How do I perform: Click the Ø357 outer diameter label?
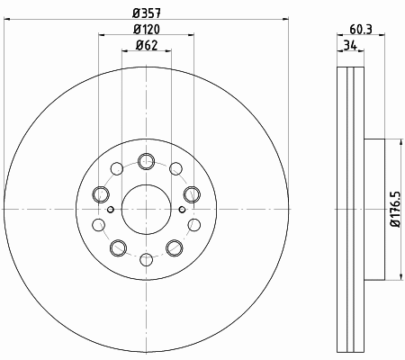point(147,13)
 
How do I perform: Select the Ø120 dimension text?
point(147,29)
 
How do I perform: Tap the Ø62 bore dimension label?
point(147,45)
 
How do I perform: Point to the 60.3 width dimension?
point(361,30)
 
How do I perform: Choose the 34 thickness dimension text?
point(350,46)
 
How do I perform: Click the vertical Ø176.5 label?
point(395,209)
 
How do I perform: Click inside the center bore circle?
point(147,209)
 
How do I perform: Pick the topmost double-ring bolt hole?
point(147,161)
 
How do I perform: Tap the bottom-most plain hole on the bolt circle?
point(147,259)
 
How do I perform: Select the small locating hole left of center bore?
point(111,209)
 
